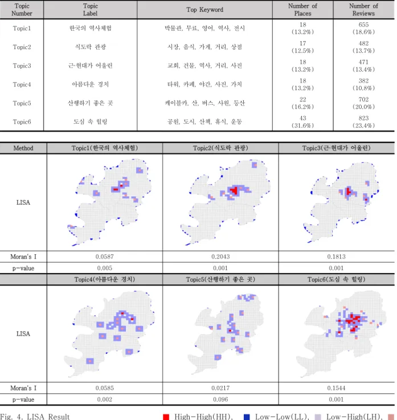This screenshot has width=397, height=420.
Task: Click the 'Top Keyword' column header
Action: click(x=204, y=10)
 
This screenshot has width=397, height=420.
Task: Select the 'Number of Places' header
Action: click(x=302, y=10)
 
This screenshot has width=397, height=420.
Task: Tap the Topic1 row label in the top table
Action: click(x=22, y=28)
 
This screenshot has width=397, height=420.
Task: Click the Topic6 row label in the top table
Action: click(x=22, y=122)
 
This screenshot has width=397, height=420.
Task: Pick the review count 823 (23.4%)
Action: click(x=363, y=122)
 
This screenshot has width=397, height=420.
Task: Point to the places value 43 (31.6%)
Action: click(x=302, y=122)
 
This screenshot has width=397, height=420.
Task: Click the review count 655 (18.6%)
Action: click(x=363, y=28)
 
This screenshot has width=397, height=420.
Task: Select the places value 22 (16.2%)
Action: click(x=302, y=103)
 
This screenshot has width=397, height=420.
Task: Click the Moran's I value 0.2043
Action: click(x=220, y=256)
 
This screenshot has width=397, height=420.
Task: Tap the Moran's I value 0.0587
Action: click(x=104, y=256)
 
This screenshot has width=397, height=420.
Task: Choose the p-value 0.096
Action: click(x=220, y=399)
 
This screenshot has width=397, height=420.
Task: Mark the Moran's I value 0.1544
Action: click(x=336, y=388)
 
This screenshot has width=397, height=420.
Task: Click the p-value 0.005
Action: click(x=104, y=268)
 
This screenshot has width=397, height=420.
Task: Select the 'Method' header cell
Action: click(x=23, y=148)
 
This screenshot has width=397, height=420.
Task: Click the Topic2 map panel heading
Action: click(x=220, y=148)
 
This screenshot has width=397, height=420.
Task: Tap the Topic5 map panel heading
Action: click(x=220, y=279)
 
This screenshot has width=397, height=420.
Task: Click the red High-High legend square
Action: click(x=166, y=417)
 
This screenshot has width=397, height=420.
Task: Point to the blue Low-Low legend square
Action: click(x=247, y=417)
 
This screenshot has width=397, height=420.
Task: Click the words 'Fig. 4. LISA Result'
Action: click(x=35, y=417)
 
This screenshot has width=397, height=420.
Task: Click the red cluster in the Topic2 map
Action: click(x=234, y=191)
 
